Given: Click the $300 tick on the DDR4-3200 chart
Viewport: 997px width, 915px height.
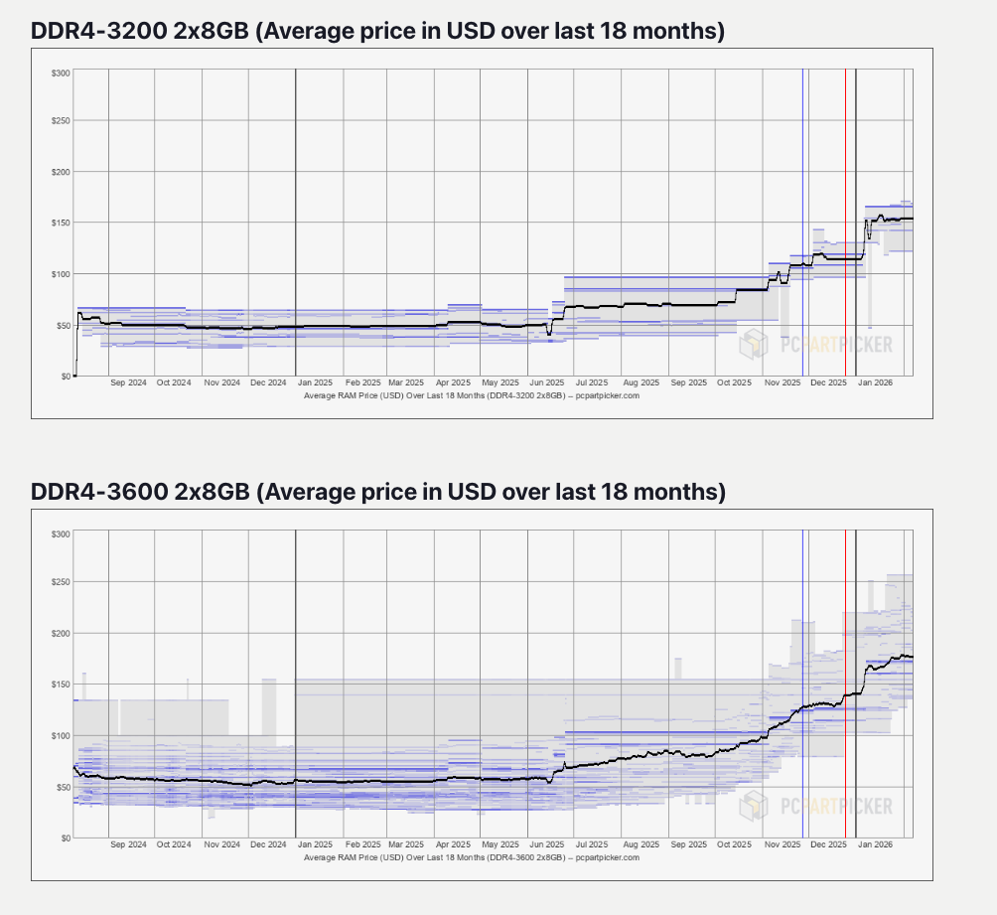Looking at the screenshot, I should point(61,74).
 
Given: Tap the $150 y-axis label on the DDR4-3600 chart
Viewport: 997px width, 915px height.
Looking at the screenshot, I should point(61,685).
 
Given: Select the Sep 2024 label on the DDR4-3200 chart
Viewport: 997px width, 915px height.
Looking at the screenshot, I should point(129,382).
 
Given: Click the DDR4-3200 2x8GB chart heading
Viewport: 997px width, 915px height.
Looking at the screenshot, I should point(378,32).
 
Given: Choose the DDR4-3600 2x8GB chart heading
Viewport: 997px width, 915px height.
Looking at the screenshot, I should point(378,493).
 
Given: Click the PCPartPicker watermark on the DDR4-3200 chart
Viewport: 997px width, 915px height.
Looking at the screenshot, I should point(815,345).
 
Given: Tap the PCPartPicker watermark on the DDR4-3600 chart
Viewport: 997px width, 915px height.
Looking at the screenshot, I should point(815,805).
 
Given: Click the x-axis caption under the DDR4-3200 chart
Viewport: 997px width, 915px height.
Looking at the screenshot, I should point(471,395).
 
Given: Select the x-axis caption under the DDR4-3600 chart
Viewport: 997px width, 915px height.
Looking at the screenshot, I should point(471,856).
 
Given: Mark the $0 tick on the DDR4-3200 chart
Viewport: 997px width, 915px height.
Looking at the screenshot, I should point(65,377).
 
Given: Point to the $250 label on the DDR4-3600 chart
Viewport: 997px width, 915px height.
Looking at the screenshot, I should point(61,582).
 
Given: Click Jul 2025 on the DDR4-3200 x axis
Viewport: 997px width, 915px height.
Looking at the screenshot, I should point(594,382).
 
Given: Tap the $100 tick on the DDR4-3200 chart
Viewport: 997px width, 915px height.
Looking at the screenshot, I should point(61,274).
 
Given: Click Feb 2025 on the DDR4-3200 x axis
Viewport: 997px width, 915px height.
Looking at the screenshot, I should point(362,382).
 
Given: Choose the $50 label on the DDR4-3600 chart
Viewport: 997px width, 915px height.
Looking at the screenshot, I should point(63,787).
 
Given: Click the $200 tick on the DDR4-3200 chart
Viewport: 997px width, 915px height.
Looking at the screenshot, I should point(61,172).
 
